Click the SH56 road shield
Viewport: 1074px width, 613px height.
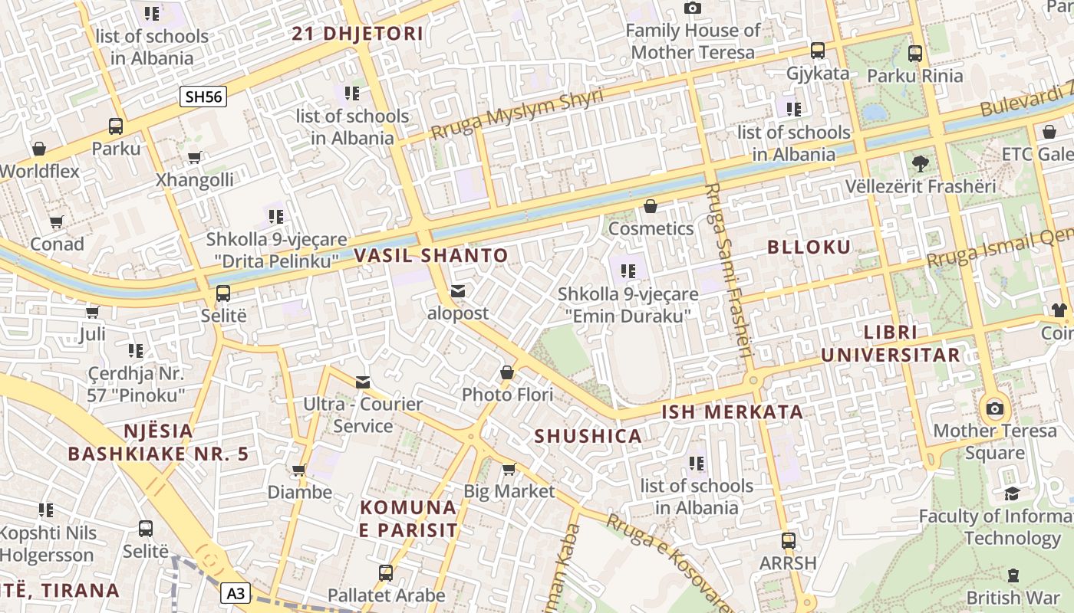tap(203, 97)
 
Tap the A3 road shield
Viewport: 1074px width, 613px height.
tap(237, 592)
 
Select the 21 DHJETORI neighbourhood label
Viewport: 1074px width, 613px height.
tap(358, 34)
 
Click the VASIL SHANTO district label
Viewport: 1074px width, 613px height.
tap(431, 255)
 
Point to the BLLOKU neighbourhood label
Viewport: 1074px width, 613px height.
tap(809, 247)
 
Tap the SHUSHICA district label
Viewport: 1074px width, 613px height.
tap(588, 436)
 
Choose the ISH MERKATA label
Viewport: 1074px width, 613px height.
tap(733, 411)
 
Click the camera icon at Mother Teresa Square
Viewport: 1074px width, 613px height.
tap(995, 408)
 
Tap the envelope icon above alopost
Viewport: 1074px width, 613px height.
tap(458, 291)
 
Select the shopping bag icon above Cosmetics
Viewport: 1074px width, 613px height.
tap(651, 206)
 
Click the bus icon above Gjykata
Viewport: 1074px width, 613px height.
tap(818, 51)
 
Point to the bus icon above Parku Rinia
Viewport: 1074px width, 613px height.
tap(915, 53)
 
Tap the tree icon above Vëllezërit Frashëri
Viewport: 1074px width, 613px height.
tap(921, 162)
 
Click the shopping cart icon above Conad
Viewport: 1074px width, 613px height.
tap(57, 222)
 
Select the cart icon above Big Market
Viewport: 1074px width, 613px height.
tap(509, 469)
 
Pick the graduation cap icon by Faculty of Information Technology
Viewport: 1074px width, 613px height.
tap(1013, 493)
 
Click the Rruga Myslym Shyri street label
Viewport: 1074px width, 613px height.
tap(517, 114)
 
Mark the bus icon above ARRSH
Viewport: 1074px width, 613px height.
tap(788, 540)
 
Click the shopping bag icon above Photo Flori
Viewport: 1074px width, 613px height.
tap(507, 372)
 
